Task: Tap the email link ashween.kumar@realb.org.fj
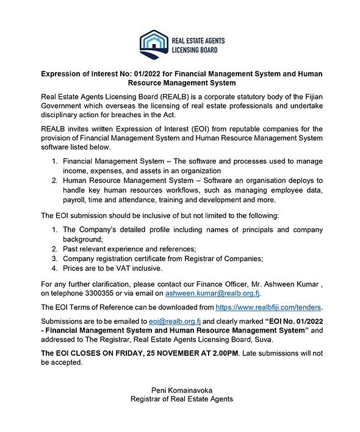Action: (x=209, y=294)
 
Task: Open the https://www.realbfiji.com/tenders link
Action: (x=269, y=306)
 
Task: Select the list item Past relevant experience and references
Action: (x=129, y=249)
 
